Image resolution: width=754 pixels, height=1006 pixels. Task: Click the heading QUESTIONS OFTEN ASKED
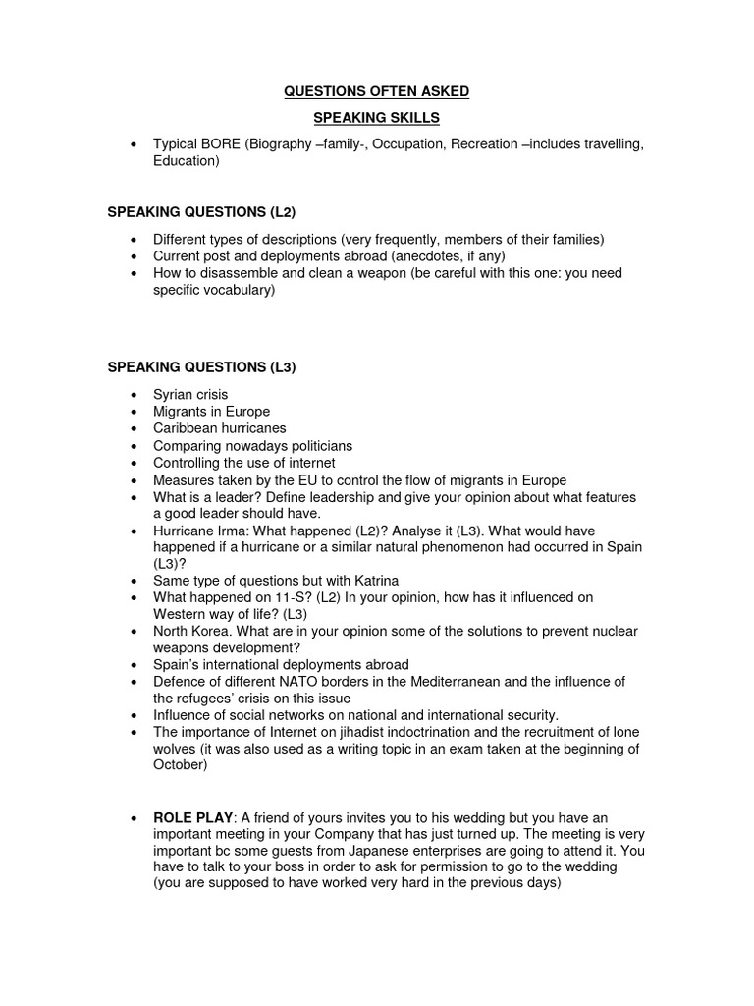click(x=377, y=91)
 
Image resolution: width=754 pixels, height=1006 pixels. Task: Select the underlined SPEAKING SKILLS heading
click(x=376, y=118)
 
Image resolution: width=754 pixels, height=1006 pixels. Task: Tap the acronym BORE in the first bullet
click(x=223, y=144)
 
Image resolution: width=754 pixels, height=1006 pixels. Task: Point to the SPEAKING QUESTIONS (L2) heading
click(x=201, y=212)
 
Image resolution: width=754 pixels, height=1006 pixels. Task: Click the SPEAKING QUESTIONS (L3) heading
click(x=201, y=366)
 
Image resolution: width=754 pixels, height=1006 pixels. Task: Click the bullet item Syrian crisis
click(x=190, y=394)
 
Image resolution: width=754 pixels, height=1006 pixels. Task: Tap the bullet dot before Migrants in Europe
click(x=133, y=412)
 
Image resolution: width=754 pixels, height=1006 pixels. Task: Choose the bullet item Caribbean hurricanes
click(x=219, y=428)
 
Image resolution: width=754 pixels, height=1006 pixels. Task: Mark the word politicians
click(x=317, y=446)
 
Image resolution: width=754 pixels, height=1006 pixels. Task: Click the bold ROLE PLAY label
click(x=190, y=817)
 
